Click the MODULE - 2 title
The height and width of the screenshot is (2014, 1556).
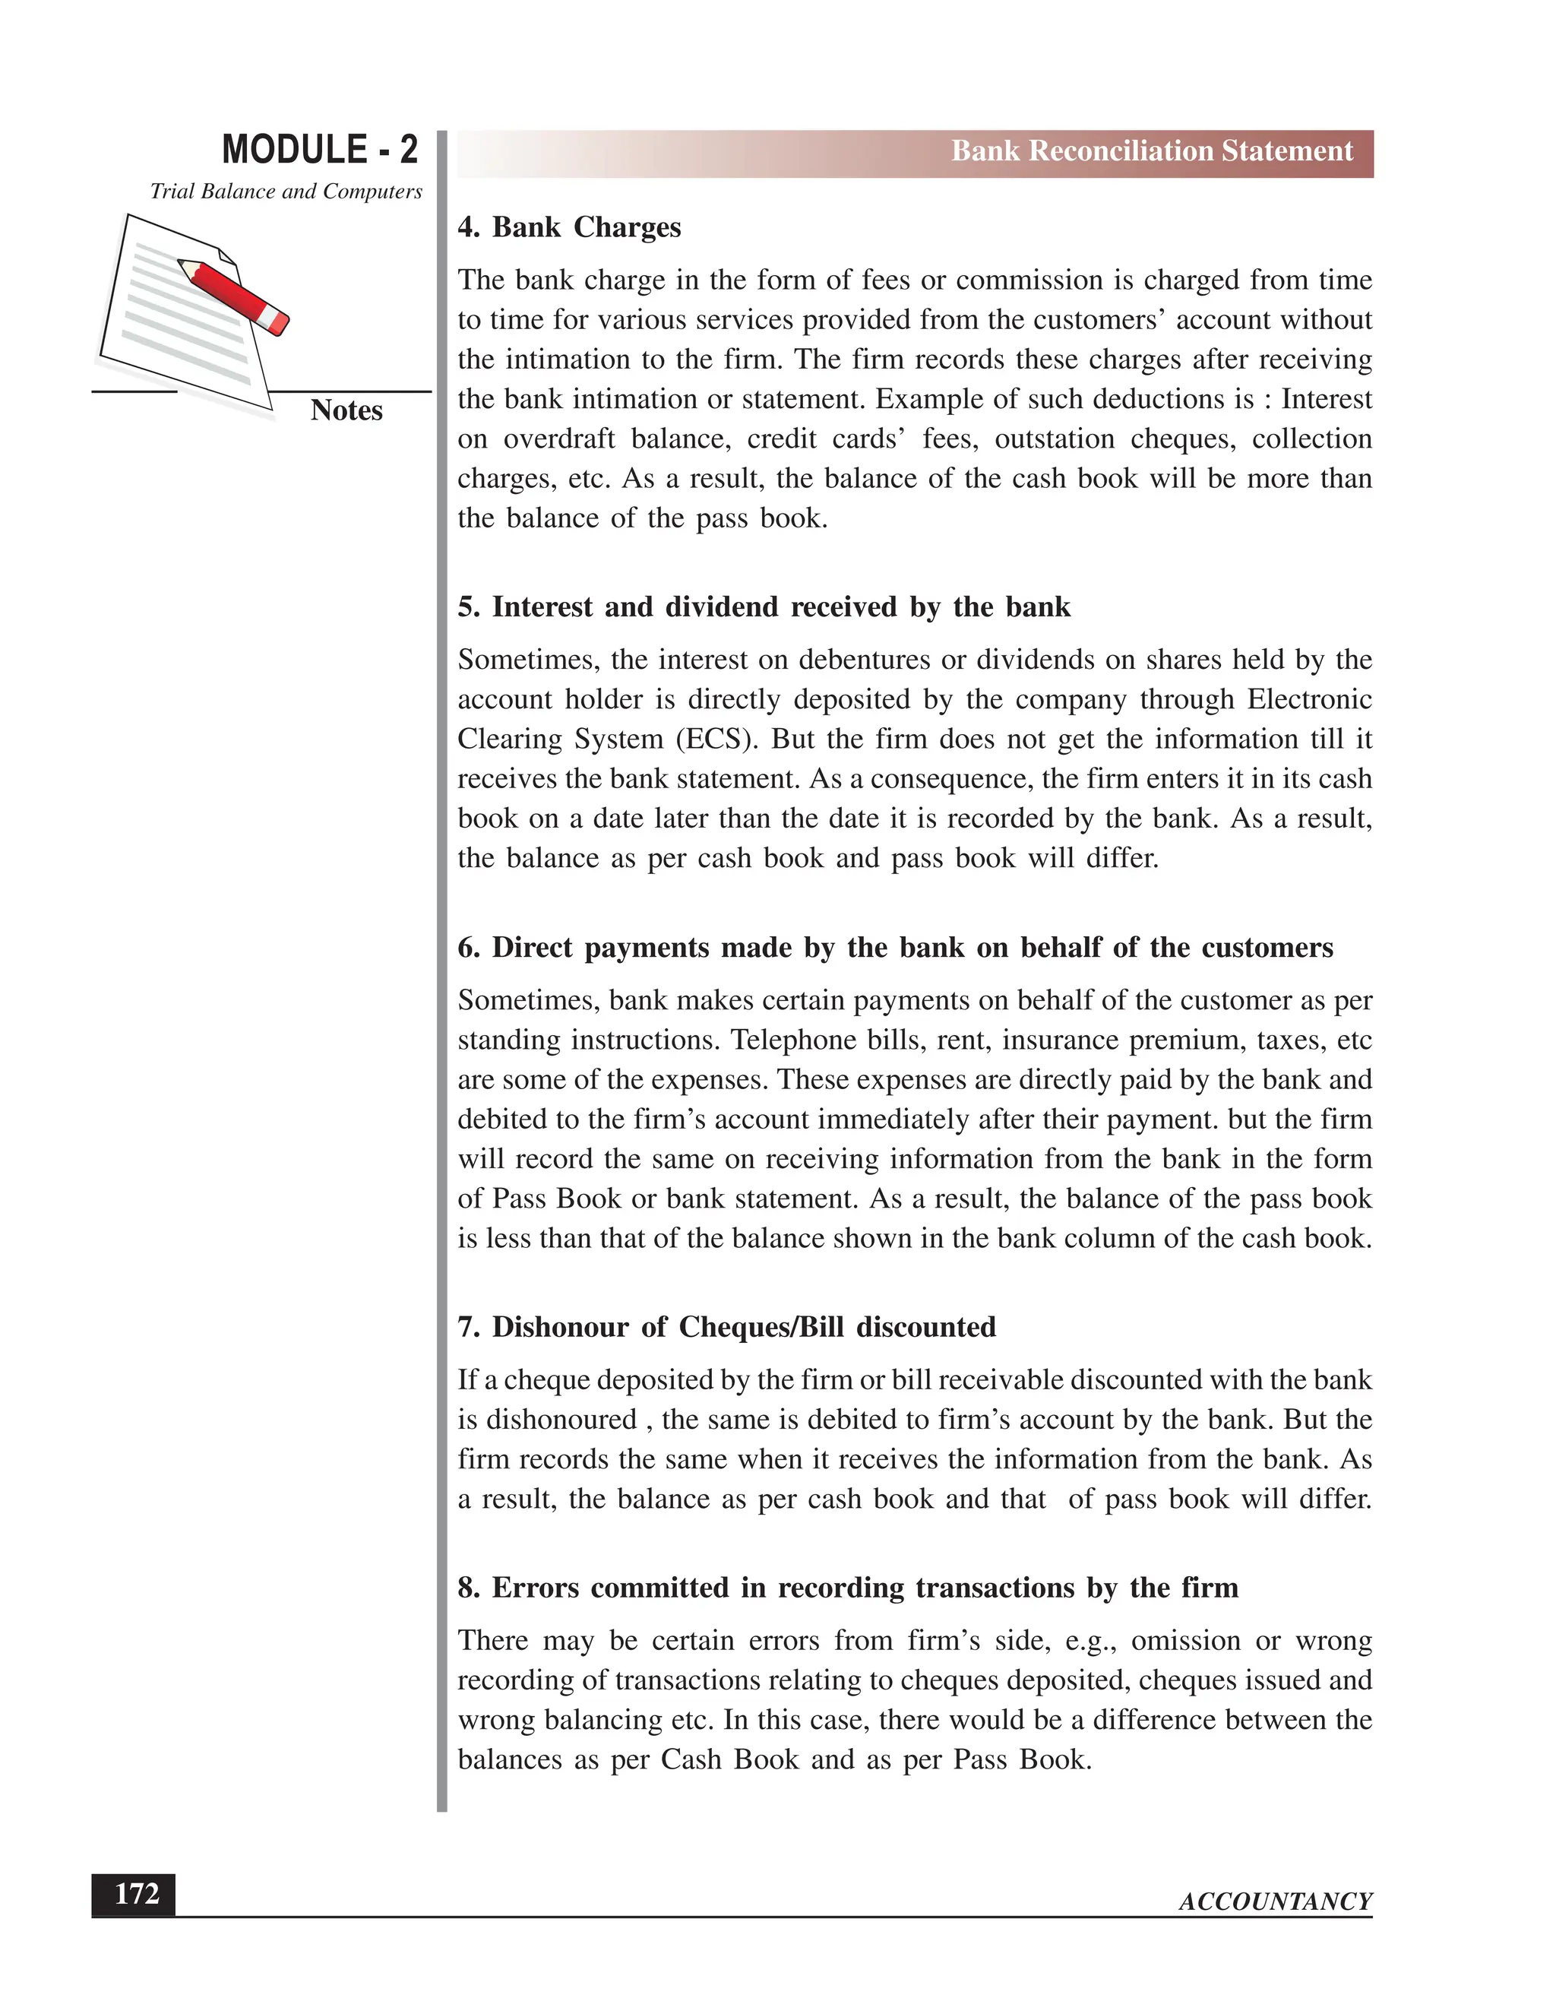[319, 150]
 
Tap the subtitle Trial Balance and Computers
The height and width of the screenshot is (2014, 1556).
[286, 192]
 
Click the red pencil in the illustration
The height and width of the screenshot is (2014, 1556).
[234, 296]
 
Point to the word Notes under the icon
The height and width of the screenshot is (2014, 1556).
[346, 410]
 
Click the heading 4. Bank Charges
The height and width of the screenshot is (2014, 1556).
[569, 228]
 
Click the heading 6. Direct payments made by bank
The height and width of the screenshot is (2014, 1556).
[894, 948]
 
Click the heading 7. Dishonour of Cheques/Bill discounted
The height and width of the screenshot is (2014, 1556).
[726, 1327]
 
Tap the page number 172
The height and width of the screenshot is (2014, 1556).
[135, 1894]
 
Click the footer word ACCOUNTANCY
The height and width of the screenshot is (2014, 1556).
[1275, 1902]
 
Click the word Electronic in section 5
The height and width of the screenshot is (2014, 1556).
[1309, 700]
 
